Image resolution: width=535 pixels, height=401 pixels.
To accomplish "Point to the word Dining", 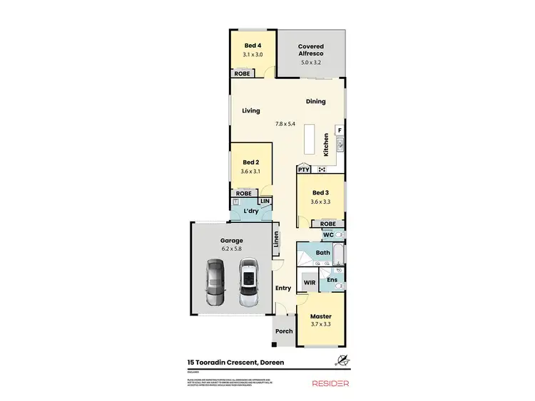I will point(316,101).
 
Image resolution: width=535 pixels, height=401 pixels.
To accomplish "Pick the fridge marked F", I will point(340,130).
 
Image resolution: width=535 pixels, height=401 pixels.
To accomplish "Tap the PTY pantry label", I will point(304,170).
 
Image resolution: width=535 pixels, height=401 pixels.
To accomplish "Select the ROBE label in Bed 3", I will point(319,224).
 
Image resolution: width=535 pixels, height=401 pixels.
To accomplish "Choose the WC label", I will point(329,234).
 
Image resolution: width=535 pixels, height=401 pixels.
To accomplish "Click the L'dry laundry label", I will point(250,212).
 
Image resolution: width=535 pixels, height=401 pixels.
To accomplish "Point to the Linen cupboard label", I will point(276,243).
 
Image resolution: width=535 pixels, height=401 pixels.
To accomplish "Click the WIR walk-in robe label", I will point(309,283).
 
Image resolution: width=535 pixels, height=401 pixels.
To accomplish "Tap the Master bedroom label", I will point(320,316).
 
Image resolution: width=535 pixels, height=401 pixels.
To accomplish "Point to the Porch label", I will point(284,331).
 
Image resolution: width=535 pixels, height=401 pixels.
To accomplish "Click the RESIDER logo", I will point(331,383).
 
